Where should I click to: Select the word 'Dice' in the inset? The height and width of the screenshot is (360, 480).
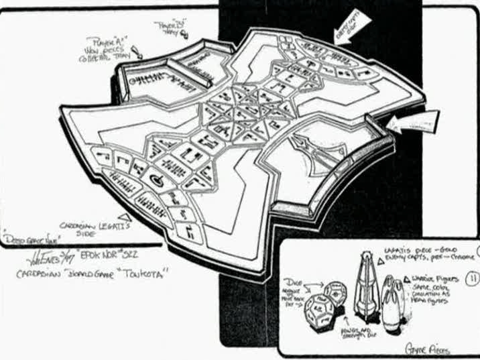point(295,279)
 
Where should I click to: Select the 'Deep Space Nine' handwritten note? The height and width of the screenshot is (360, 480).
point(25,237)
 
